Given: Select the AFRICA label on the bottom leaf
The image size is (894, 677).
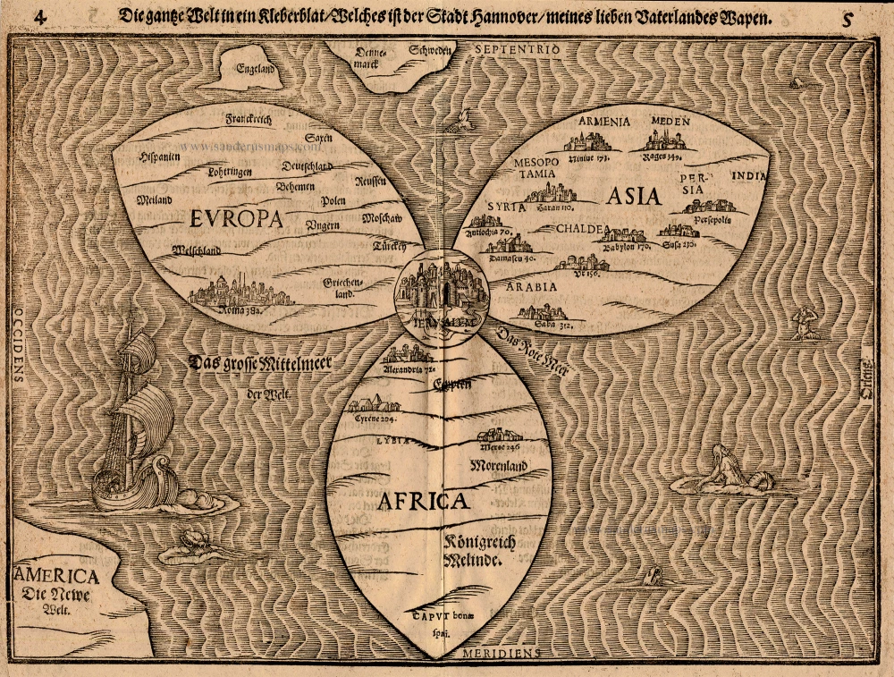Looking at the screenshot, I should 423,501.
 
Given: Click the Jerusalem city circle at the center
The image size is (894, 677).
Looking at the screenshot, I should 436,296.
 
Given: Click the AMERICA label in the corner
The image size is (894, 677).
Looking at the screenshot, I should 55,577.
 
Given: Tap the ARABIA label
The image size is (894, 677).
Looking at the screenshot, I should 532,287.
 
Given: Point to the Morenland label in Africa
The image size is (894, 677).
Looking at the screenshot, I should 497,465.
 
